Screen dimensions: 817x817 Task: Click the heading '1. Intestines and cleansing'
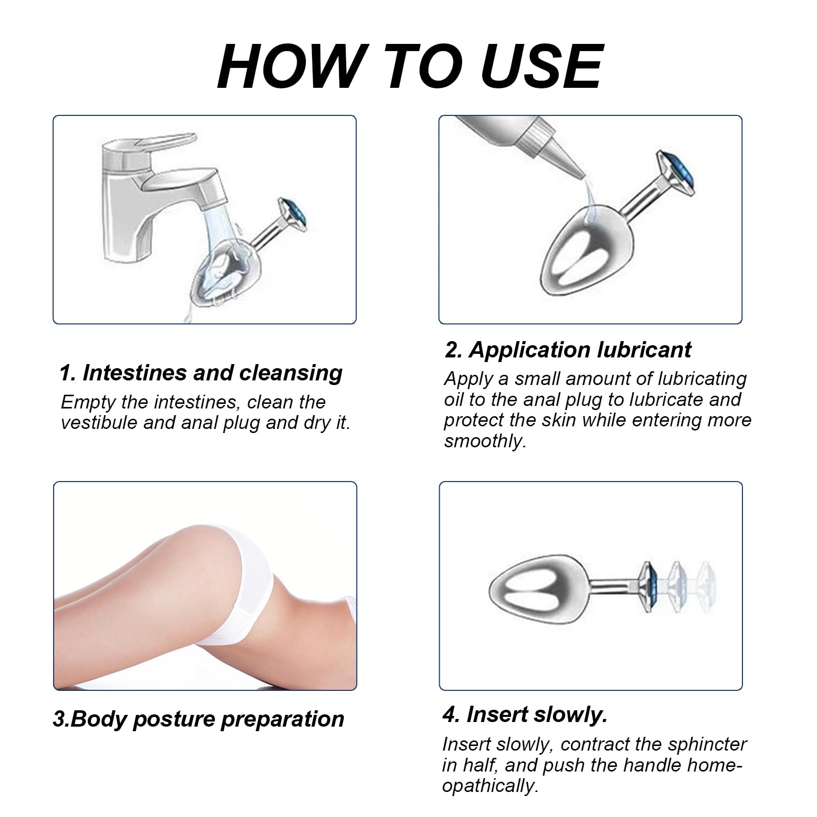click(201, 373)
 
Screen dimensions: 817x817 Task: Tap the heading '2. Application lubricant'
click(568, 350)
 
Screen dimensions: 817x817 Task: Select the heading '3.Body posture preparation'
click(199, 719)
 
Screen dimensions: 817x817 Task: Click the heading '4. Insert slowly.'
click(525, 714)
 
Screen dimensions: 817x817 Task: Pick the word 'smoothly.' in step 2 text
click(485, 441)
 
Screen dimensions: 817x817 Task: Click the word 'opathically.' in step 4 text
click(491, 786)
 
